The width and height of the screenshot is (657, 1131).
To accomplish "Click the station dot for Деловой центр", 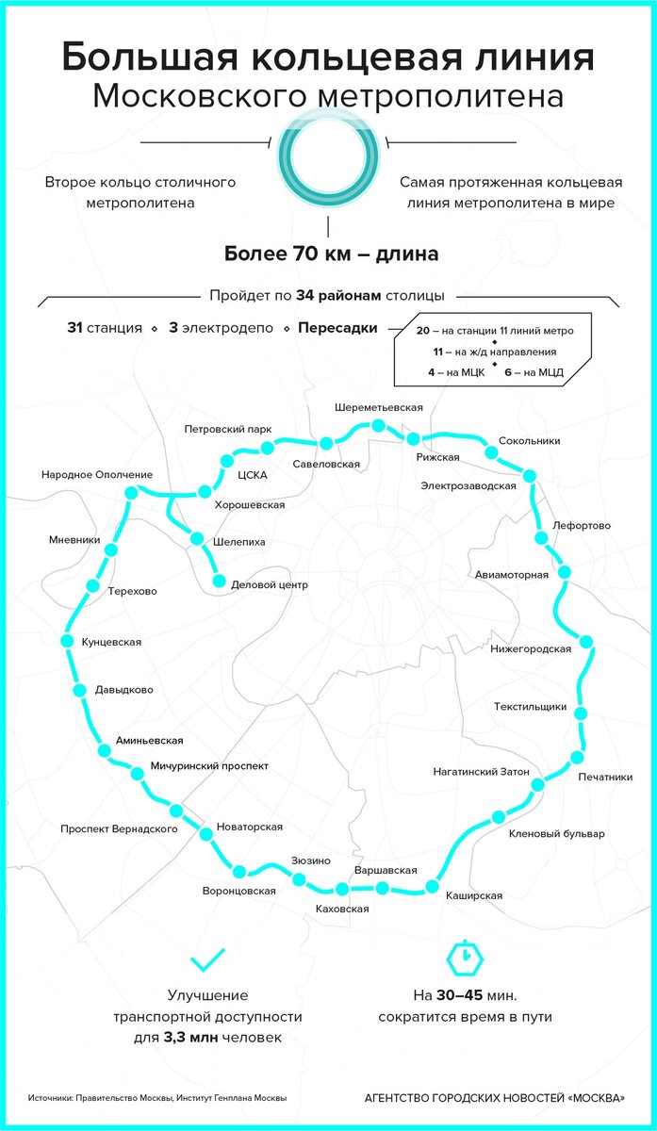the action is [220, 581].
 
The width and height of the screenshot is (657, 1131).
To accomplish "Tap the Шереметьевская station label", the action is [379, 407].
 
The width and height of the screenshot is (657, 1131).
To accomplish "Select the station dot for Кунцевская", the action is [67, 641].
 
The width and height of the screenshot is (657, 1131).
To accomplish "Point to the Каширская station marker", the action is [433, 886].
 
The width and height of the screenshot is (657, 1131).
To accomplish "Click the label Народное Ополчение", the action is [97, 475].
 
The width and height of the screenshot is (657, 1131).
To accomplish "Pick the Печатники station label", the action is [605, 777].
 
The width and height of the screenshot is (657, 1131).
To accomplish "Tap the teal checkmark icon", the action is [208, 959].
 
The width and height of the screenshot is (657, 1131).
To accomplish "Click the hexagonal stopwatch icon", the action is [465, 957].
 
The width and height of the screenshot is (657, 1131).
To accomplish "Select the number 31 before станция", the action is [74, 328].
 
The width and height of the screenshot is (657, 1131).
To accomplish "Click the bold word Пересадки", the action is [337, 328].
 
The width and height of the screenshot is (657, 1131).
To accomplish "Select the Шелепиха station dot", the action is [197, 539].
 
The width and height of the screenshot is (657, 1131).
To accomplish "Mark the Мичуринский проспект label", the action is [209, 766].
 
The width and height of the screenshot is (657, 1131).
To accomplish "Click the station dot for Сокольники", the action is [491, 451].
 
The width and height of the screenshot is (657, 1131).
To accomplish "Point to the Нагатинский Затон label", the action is [482, 772].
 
